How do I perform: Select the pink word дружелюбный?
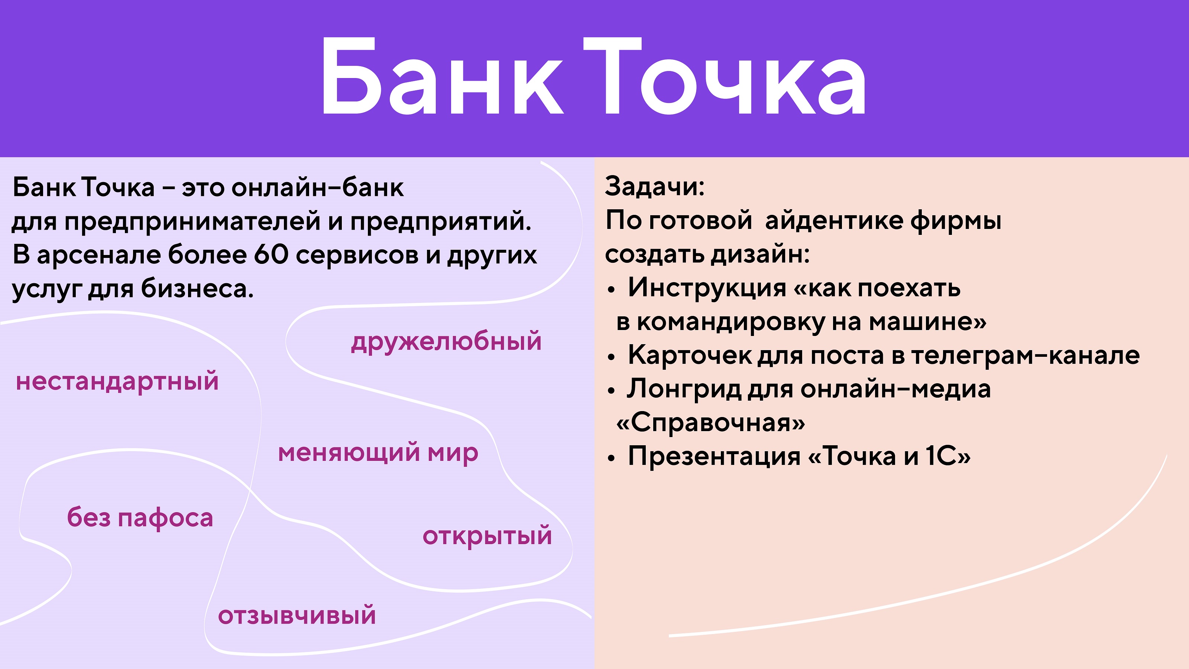(x=446, y=342)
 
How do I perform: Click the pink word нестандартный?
(x=117, y=382)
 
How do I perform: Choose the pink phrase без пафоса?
(x=140, y=518)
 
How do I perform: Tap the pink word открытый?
(x=487, y=536)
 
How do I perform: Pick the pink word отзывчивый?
(x=297, y=616)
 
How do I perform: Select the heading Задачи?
(x=654, y=186)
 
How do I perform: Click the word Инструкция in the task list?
(x=707, y=288)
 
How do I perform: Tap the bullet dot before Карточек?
(x=612, y=357)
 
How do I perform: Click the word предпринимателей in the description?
(x=192, y=221)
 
